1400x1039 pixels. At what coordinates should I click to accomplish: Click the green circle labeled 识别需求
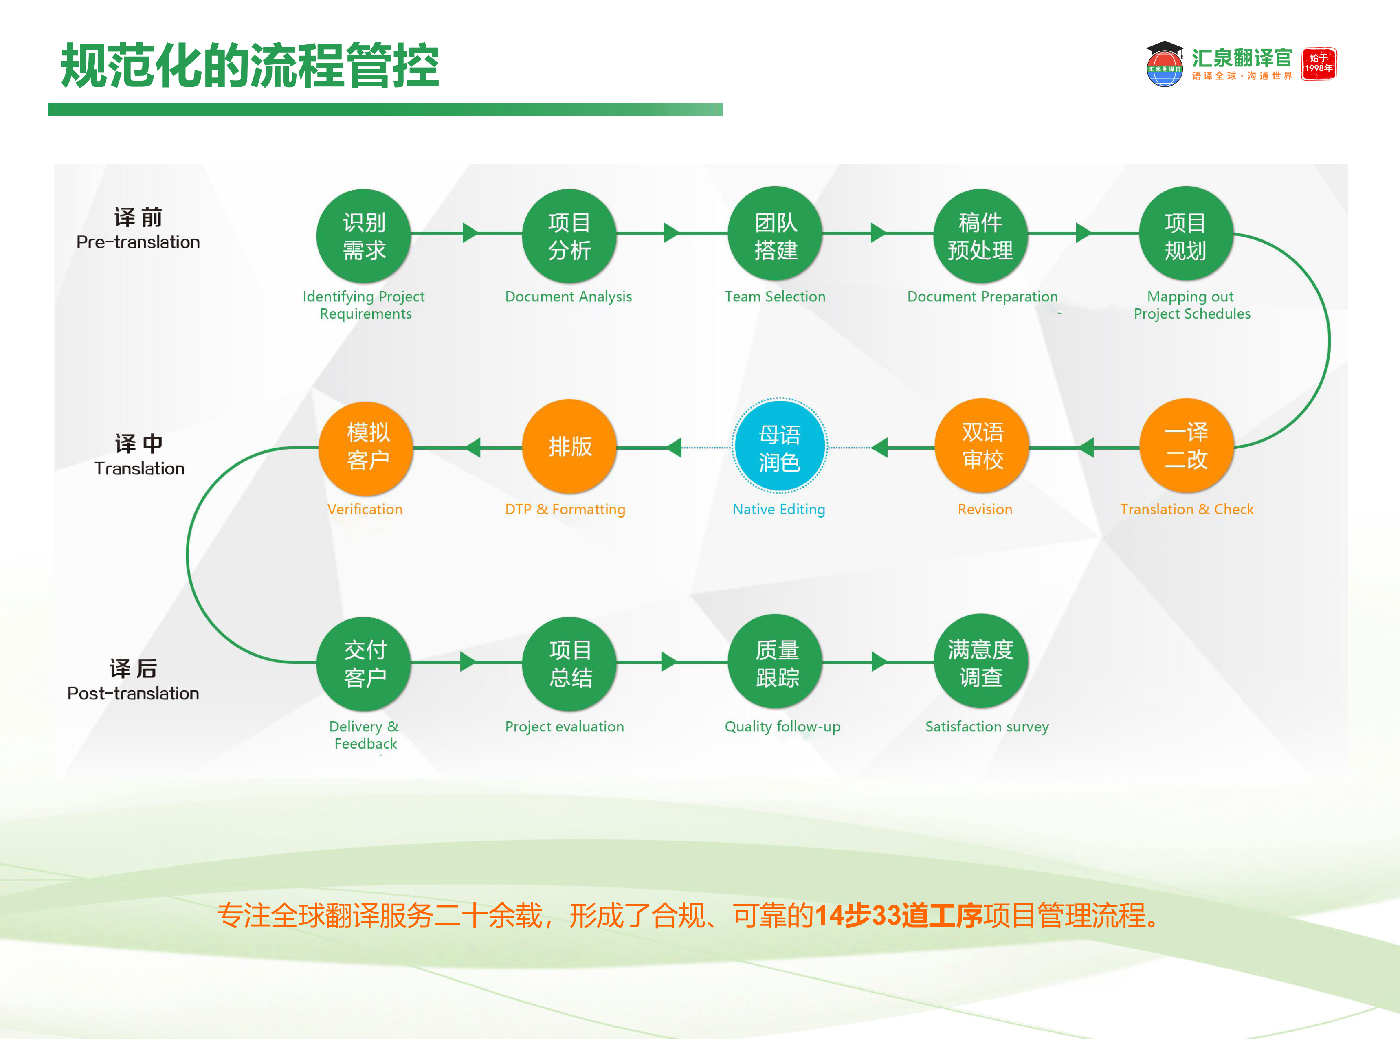point(363,236)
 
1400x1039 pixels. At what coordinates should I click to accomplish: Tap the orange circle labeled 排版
point(569,446)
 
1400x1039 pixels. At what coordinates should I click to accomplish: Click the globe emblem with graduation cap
point(1164,64)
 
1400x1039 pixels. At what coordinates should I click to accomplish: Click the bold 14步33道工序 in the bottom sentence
point(898,915)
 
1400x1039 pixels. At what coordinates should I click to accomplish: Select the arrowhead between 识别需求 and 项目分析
point(470,233)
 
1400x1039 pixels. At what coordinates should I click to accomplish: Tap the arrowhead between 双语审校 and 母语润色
point(880,448)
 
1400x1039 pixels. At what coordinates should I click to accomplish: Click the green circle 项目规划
point(1185,234)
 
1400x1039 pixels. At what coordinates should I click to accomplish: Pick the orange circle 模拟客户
point(367,446)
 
